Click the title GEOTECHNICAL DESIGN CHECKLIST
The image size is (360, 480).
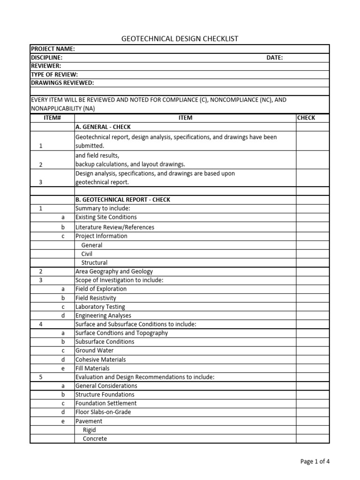[x=180, y=38]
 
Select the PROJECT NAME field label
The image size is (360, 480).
[x=53, y=49]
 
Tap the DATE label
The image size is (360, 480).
[x=274, y=57]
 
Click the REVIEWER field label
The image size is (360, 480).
[x=46, y=66]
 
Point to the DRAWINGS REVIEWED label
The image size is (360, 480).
[x=62, y=83]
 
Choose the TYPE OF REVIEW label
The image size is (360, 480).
[x=54, y=75]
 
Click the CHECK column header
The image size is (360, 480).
[x=306, y=118]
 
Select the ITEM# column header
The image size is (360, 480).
[x=52, y=118]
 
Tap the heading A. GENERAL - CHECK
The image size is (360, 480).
[x=103, y=127]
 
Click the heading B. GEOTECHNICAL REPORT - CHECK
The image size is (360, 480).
[x=123, y=200]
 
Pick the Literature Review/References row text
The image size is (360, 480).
[x=115, y=227]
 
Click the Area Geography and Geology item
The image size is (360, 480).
[x=114, y=271]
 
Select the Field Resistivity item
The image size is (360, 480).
[x=96, y=298]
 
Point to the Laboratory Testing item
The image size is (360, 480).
[x=100, y=307]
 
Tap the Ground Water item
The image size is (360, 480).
[x=94, y=351]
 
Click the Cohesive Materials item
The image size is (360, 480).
[x=100, y=360]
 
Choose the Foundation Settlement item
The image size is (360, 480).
[x=106, y=404]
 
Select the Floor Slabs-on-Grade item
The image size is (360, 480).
[x=103, y=412]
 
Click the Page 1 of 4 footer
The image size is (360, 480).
[x=315, y=461]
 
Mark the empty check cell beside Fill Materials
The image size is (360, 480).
[x=312, y=368]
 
